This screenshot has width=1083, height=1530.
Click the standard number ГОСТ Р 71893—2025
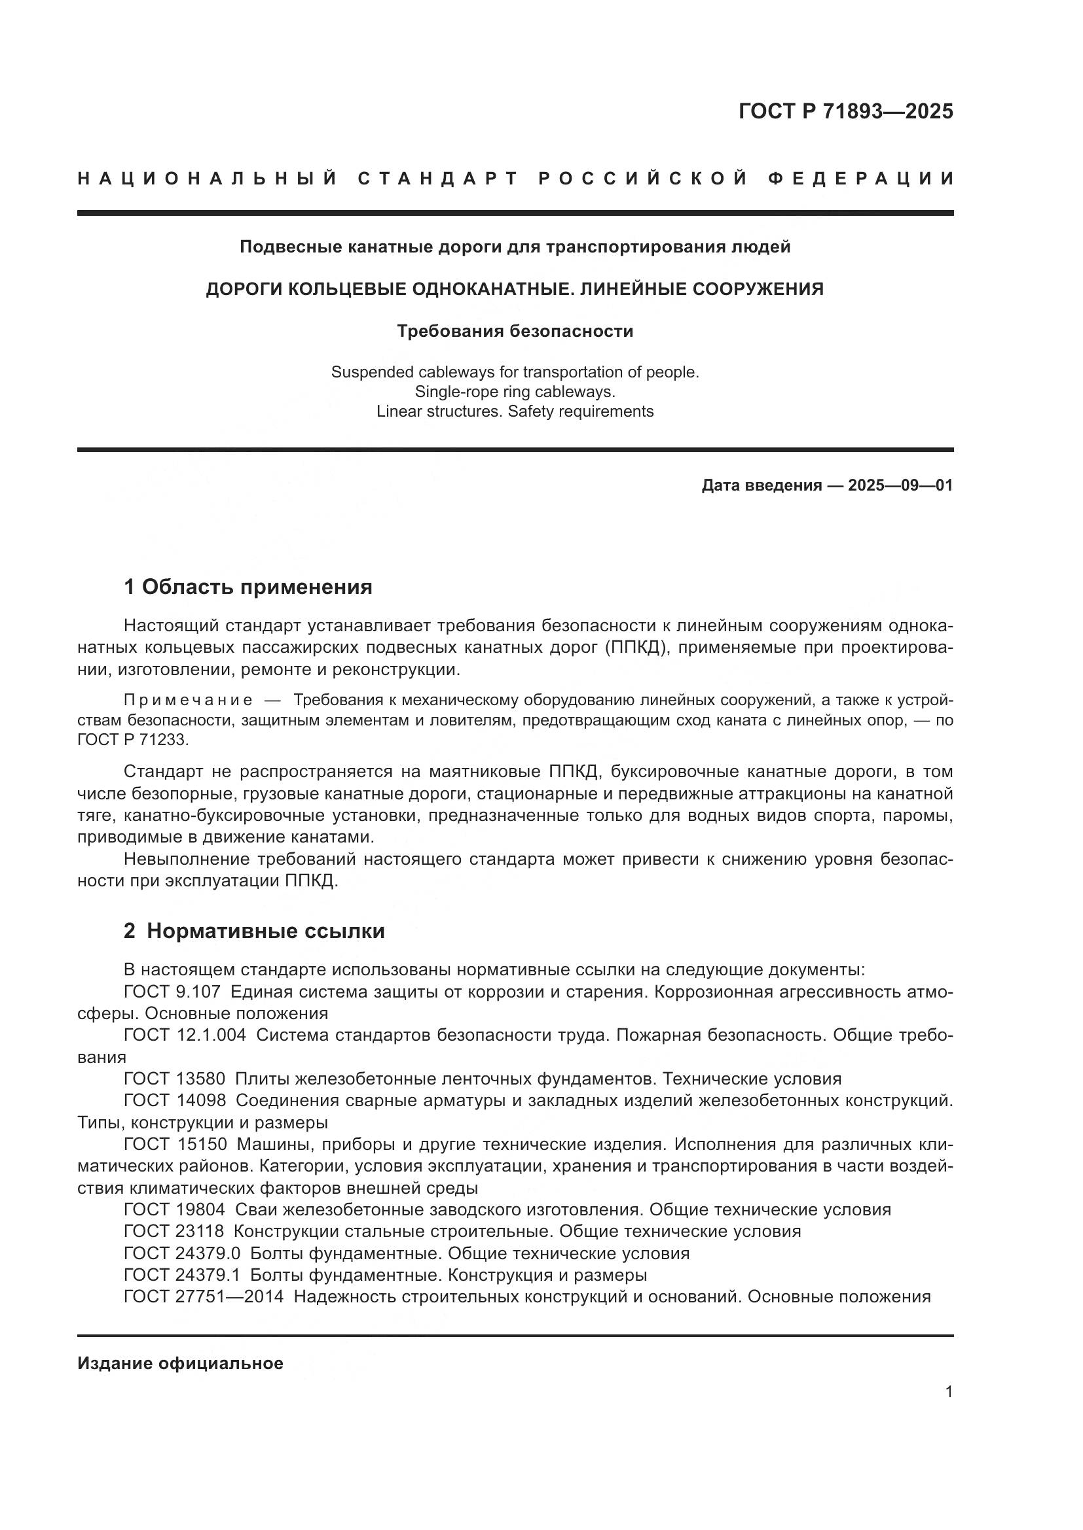click(x=845, y=111)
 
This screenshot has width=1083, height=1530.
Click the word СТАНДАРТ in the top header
click(x=438, y=179)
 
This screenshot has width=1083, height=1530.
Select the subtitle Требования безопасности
click(x=515, y=331)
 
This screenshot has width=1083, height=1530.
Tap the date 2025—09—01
click(x=900, y=485)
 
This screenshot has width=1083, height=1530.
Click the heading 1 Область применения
click(x=248, y=587)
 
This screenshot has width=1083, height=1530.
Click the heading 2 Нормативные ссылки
click(x=254, y=931)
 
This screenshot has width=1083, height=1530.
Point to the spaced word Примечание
click(x=188, y=701)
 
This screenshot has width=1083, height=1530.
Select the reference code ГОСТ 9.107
click(x=172, y=992)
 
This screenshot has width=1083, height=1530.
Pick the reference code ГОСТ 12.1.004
click(x=185, y=1035)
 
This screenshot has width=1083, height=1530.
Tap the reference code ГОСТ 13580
click(x=175, y=1079)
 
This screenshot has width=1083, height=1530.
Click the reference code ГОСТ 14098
click(x=175, y=1100)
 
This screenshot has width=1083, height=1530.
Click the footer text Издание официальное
click(x=180, y=1363)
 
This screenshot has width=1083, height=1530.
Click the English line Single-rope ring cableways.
click(x=515, y=392)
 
